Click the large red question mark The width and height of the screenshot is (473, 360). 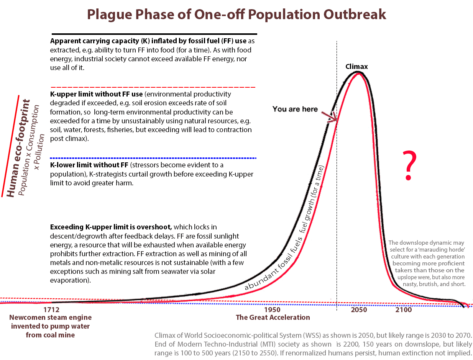pos(409,166)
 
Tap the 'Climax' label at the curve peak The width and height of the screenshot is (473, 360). pos(356,67)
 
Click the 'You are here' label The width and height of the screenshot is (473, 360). pos(295,109)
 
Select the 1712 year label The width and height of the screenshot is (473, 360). pos(51,309)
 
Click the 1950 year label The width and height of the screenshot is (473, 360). pos(272,309)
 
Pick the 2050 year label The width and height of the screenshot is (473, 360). pos(359,309)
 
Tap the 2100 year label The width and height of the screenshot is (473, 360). pos(404,309)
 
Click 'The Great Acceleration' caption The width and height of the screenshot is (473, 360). pos(273,317)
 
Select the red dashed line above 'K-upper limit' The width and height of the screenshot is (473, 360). pos(153,87)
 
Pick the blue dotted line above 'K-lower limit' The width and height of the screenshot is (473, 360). pos(153,158)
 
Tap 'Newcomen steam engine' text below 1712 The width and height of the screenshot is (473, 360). pos(51,317)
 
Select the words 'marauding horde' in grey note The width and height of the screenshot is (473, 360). pos(441,249)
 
